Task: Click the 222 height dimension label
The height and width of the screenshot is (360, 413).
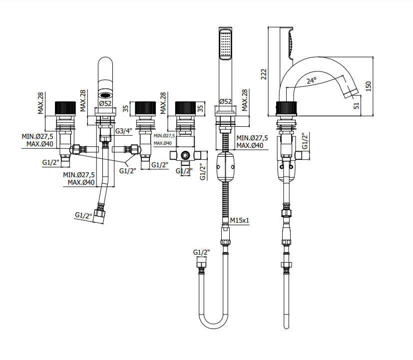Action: tap(264, 74)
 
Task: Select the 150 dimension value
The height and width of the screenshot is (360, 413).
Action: tap(368, 86)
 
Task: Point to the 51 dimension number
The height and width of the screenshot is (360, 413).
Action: tap(356, 106)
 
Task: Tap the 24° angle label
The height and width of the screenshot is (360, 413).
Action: tap(311, 80)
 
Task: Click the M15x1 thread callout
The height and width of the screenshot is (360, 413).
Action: tap(239, 220)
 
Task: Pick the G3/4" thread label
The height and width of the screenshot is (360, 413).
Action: tap(124, 131)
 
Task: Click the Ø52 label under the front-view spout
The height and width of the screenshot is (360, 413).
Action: tap(105, 103)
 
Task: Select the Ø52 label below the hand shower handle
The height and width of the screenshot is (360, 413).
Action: tap(225, 101)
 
